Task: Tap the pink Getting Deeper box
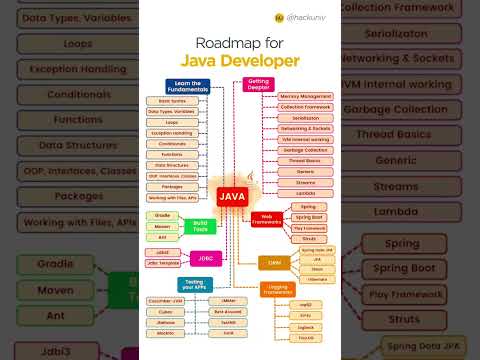tap(259, 85)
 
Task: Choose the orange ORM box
tap(274, 262)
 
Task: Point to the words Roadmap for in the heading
tap(240, 42)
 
